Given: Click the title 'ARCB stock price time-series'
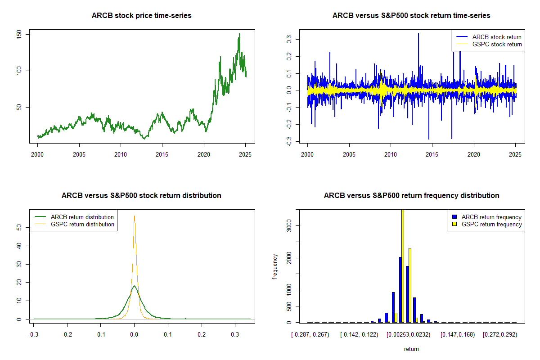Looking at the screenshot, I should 142,16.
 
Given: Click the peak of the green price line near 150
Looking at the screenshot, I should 239,34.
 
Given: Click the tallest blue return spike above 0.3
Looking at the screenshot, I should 418,34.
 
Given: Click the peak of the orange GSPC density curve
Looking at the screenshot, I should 134,216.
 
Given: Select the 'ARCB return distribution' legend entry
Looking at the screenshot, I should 82,217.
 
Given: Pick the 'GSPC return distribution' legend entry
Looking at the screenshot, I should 82,224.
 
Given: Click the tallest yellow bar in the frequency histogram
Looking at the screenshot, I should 403,265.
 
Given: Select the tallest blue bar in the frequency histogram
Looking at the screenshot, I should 400,289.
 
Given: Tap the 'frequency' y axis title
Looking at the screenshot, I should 275,267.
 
